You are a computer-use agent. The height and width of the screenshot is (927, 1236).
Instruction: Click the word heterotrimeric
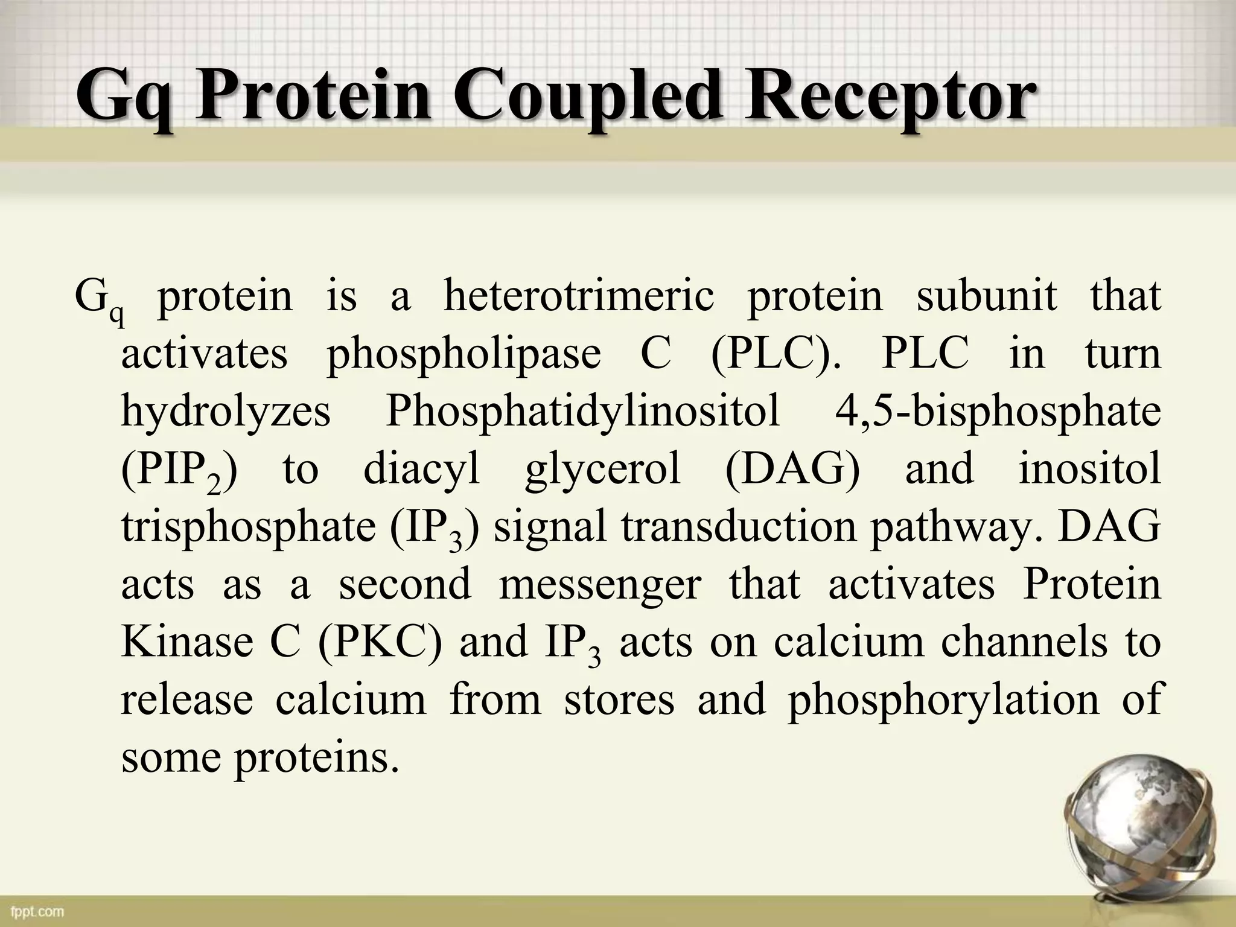pyautogui.click(x=579, y=296)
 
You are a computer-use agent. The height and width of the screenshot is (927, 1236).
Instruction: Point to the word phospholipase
pyautogui.click(x=463, y=354)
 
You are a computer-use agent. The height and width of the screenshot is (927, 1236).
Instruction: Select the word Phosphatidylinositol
pyautogui.click(x=582, y=413)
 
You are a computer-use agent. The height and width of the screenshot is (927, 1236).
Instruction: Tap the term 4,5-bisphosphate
pyautogui.click(x=998, y=413)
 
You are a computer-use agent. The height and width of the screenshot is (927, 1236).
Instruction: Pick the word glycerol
pyautogui.click(x=603, y=470)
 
